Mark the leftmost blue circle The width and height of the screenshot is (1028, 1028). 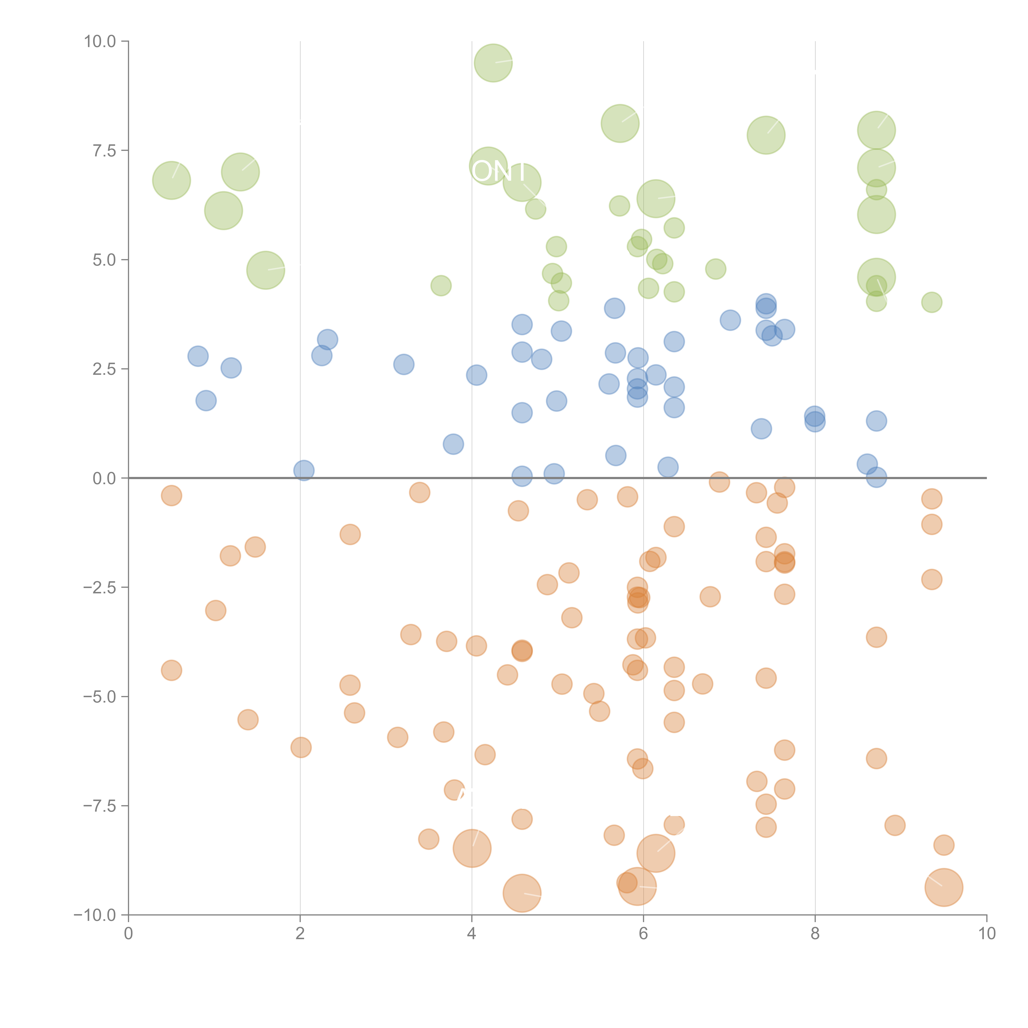[x=198, y=356]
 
